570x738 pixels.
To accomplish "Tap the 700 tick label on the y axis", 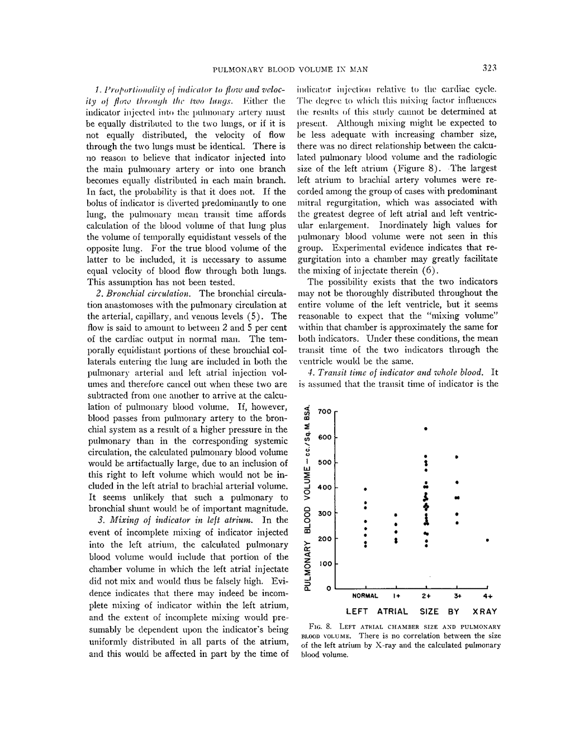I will click(324, 411).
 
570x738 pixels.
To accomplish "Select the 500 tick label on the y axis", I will click(325, 462).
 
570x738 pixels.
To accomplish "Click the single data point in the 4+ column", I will click(488, 541).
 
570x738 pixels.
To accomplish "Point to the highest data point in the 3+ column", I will click(457, 457).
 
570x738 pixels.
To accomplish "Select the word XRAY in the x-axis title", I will click(484, 612).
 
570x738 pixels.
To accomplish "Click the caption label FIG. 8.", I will click(317, 627).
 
